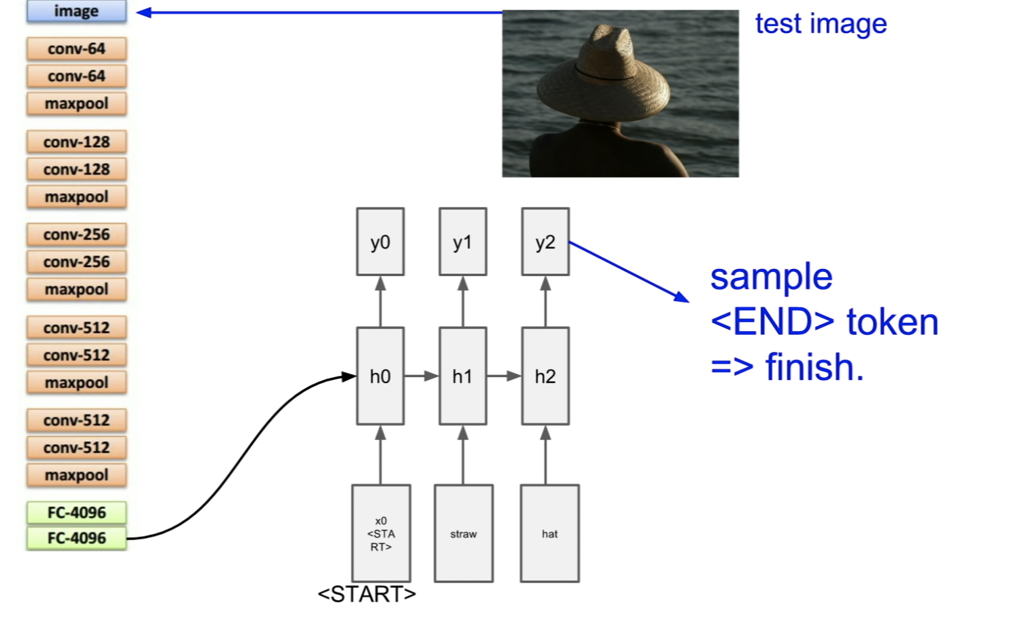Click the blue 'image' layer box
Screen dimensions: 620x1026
[76, 11]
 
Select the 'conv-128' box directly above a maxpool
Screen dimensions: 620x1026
[76, 169]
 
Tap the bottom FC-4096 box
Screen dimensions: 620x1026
[76, 538]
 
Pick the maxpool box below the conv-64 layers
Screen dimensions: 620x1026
[76, 103]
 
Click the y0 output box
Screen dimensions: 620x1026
[380, 242]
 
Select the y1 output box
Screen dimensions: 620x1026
[463, 242]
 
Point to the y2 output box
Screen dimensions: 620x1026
[545, 242]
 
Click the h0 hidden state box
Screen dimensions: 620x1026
[380, 376]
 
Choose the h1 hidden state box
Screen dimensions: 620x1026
[463, 376]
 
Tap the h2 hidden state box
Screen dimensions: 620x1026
[545, 376]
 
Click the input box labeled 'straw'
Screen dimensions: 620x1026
[463, 534]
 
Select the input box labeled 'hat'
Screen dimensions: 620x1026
[550, 534]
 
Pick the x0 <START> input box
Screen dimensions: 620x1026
[381, 534]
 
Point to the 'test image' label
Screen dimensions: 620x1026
[821, 24]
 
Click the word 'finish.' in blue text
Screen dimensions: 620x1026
[815, 367]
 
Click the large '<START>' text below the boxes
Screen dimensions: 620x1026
[367, 595]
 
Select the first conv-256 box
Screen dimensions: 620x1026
[76, 234]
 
